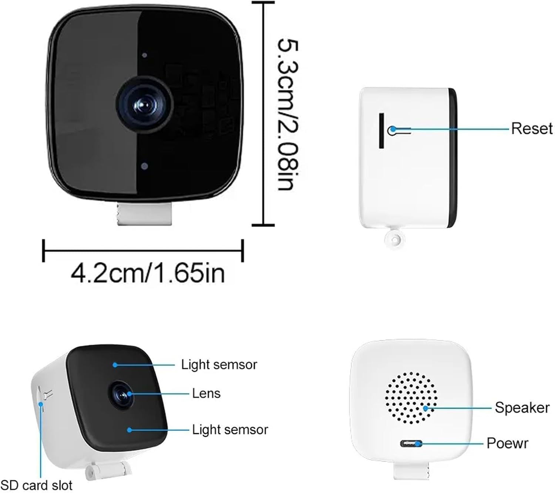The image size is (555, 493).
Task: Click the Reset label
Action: click(x=531, y=129)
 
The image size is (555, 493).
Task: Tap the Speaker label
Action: click(x=522, y=408)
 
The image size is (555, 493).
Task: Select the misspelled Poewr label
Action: click(x=507, y=443)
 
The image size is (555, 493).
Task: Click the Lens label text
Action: click(x=206, y=393)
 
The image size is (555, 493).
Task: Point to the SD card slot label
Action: click(x=36, y=485)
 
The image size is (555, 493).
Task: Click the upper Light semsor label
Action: click(x=219, y=365)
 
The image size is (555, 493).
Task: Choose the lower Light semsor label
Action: click(x=230, y=429)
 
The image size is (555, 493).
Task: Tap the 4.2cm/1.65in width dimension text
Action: click(x=147, y=273)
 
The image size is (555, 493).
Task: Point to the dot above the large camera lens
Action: click(x=144, y=55)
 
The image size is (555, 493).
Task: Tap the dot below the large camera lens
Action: click(x=145, y=166)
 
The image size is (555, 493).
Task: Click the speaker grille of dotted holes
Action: click(x=411, y=398)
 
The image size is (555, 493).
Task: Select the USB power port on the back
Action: click(x=410, y=443)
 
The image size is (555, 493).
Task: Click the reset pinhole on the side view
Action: click(x=392, y=130)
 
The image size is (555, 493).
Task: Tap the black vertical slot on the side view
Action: click(x=381, y=131)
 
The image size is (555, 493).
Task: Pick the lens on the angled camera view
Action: click(x=122, y=394)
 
